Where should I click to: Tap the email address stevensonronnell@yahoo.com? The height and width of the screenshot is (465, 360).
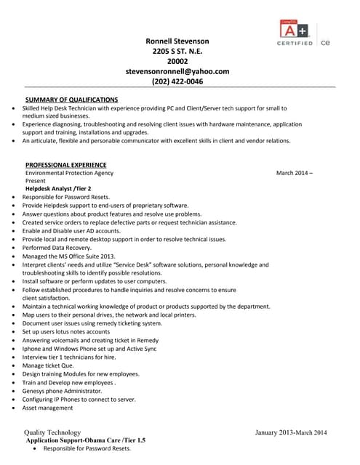(177, 71)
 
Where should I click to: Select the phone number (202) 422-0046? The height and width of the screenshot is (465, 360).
(177, 81)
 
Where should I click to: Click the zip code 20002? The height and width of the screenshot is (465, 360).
(177, 61)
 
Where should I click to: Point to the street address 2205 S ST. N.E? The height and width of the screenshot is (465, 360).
(177, 51)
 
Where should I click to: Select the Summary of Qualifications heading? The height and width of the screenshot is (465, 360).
(71, 99)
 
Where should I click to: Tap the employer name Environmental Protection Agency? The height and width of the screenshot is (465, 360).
(69, 173)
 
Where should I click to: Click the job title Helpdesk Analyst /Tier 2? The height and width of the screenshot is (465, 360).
(58, 188)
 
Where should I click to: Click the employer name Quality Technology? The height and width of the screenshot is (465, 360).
(52, 432)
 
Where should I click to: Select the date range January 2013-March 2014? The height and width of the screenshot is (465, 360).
(291, 432)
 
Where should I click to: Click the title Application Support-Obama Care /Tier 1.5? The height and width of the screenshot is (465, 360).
(86, 440)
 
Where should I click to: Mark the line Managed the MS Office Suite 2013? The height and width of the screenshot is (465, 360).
(69, 256)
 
